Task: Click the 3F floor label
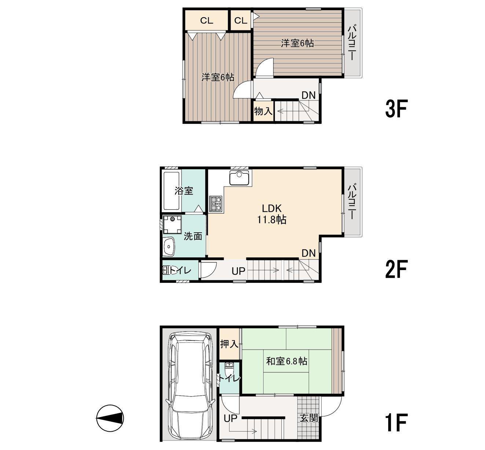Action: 397,109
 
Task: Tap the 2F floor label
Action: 397,269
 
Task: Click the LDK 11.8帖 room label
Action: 272,214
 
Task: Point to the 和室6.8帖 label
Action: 286,361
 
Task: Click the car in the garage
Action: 190,386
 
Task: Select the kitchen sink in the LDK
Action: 239,178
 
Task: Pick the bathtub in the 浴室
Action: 172,191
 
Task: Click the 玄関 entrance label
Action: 309,418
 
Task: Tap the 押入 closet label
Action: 229,344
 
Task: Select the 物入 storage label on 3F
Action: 263,111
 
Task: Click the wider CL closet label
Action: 207,21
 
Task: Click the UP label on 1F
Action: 230,418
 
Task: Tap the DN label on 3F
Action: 308,95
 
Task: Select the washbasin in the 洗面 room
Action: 169,247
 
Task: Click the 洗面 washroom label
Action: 193,236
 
